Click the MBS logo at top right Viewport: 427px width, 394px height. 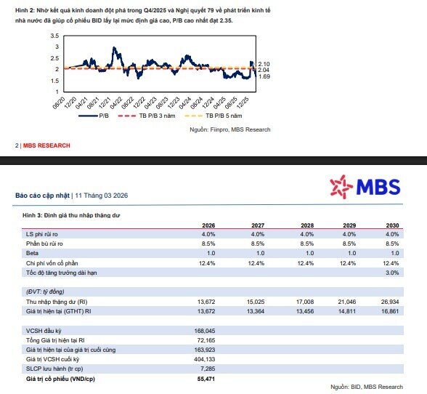pos(365,187)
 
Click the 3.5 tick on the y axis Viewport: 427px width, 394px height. pos(54,36)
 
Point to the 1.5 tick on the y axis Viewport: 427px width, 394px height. pos(54,81)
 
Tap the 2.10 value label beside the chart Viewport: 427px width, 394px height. pos(264,64)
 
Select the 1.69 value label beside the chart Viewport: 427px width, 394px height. pos(264,76)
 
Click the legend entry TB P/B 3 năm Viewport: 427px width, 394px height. pos(147,116)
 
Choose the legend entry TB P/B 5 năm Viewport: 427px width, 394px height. pos(213,116)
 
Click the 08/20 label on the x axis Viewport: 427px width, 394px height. pos(59,102)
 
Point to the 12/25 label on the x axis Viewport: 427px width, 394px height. pos(243,102)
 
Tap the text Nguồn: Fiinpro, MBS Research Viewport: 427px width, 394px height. pos(230,129)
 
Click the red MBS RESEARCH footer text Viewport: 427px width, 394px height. pos(46,145)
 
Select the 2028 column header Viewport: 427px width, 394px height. pos(307,225)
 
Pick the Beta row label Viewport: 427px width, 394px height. pos(32,253)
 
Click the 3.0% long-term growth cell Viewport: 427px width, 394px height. pos(392,273)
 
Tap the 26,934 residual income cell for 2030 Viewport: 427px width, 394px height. pos(390,302)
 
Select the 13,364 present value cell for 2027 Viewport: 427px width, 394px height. pos(256,311)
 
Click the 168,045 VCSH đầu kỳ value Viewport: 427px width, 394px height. pos(205,331)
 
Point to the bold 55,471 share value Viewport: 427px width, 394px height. pos(206,379)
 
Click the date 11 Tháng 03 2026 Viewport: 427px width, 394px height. pos(102,196)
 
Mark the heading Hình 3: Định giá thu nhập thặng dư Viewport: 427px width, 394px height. pos(71,215)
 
